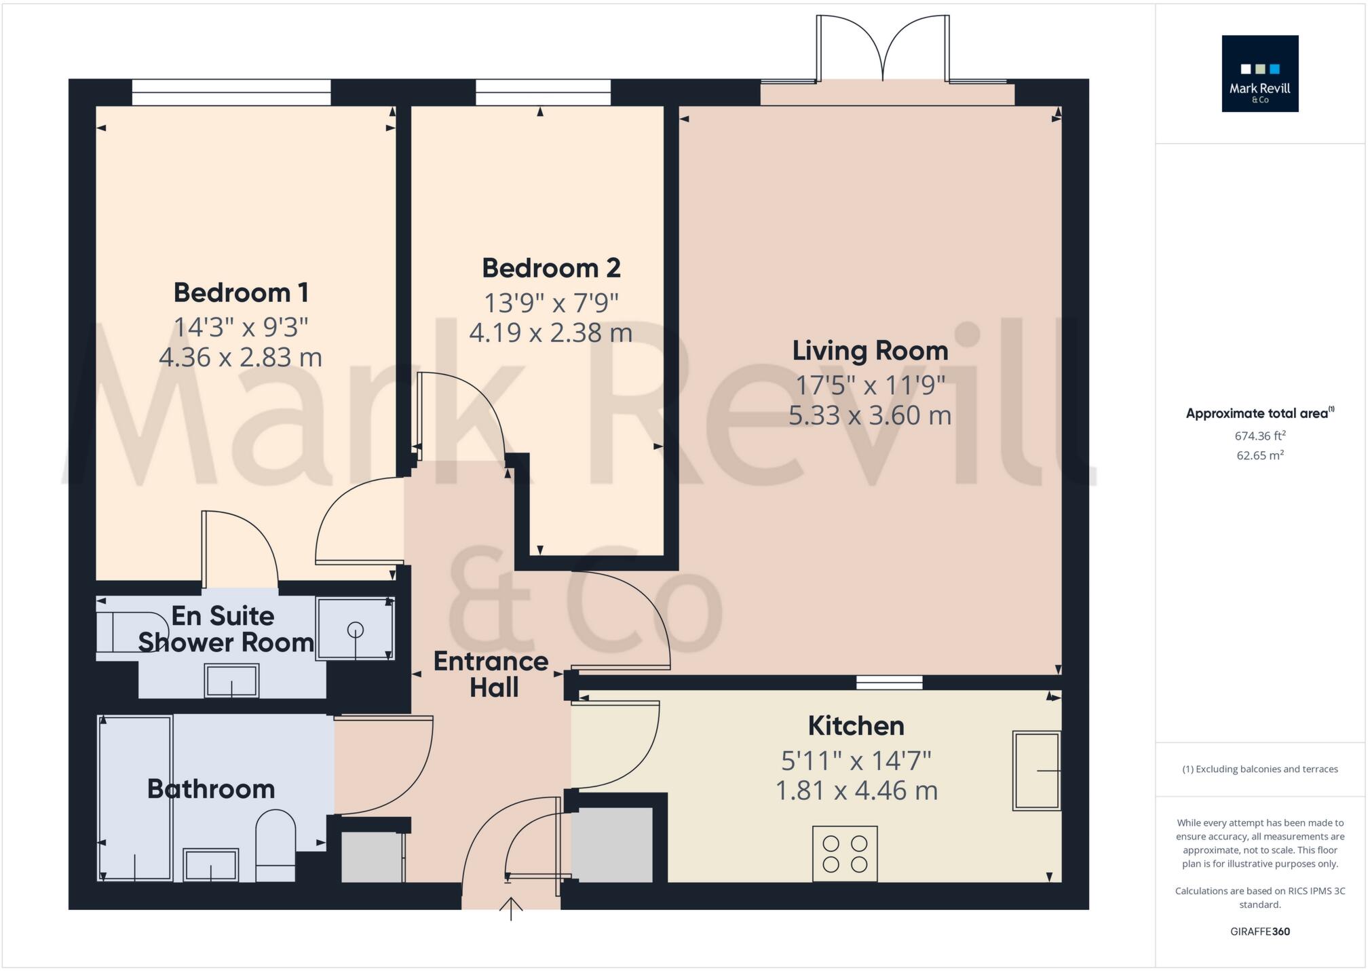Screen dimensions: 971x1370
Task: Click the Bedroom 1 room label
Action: pos(241,293)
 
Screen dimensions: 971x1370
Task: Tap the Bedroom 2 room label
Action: pos(551,268)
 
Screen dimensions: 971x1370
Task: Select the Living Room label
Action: pos(870,351)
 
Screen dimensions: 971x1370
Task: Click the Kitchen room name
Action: pos(856,726)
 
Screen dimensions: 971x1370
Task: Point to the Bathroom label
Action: pos(211,789)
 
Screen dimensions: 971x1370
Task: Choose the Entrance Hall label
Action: pos(491,674)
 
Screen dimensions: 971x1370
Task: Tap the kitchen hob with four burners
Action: pos(845,854)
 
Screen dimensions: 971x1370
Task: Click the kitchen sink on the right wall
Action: pos(1036,770)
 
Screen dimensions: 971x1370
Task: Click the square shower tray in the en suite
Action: pos(355,629)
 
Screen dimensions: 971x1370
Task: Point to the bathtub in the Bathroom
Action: pos(135,798)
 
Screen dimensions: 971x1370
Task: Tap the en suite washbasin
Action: pos(232,681)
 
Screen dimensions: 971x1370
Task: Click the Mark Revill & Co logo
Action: pos(1259,74)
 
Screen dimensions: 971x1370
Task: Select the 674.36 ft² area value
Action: pos(1260,436)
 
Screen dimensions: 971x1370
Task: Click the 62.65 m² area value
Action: pos(1260,455)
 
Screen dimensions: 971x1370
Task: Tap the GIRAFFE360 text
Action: pos(1260,932)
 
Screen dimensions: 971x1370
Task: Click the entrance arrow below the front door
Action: pos(511,908)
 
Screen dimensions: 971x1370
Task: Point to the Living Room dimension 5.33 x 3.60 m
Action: pos(870,415)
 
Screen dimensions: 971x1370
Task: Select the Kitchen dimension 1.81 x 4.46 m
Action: pos(856,791)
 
